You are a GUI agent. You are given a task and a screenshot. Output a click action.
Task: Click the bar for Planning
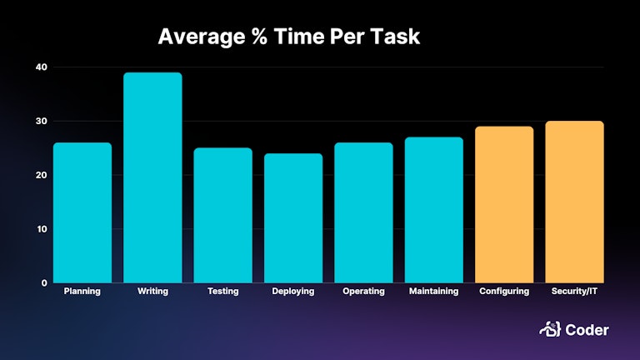tap(82, 212)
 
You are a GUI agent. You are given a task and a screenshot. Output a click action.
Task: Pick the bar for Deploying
tap(293, 217)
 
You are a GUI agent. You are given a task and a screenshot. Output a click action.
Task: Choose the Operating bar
tap(363, 212)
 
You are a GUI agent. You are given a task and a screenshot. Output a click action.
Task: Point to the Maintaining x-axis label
tap(433, 291)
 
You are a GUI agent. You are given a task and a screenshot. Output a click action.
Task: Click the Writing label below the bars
tap(152, 291)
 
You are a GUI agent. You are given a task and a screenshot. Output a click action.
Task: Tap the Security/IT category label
tap(574, 291)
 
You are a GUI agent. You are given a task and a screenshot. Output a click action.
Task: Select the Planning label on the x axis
tap(82, 291)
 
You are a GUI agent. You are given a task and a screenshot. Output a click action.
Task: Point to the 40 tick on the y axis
tap(42, 67)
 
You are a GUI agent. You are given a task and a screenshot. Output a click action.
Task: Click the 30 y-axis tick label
tap(42, 121)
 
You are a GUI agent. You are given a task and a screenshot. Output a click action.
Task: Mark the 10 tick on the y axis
tap(42, 229)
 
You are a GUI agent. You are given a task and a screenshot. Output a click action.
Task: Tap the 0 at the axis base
tap(44, 283)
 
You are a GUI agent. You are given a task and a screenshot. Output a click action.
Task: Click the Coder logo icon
tap(549, 330)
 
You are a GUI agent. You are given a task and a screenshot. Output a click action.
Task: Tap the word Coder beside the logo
tap(588, 330)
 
